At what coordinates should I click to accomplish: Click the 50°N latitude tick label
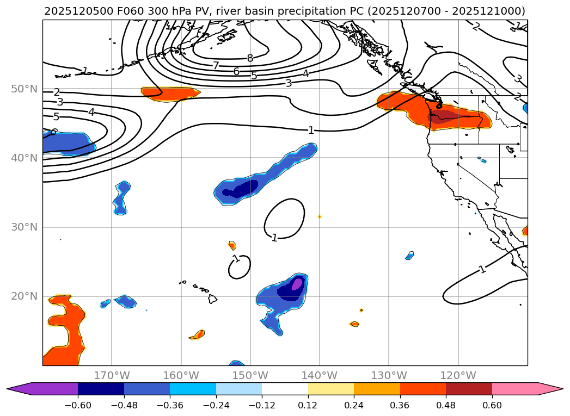pos(24,89)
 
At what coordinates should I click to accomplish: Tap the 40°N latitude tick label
pos(24,158)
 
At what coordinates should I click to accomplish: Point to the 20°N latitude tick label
pos(24,296)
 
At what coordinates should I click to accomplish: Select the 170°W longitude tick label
pos(112,375)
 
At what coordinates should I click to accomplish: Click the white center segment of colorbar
pos(285,388)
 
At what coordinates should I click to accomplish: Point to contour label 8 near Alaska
pos(250,58)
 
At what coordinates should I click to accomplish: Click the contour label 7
pos(216,66)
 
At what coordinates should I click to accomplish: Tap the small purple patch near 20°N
pos(297,283)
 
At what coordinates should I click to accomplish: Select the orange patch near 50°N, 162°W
pos(169,94)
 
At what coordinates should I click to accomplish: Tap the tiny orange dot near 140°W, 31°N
pos(320,216)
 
